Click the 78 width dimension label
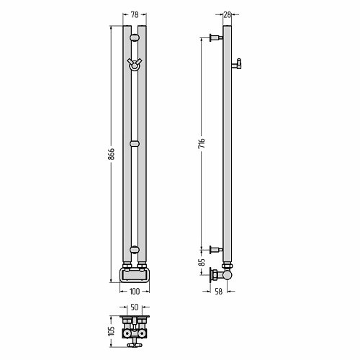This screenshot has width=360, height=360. click(135, 14)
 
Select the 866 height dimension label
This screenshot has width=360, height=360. click(111, 154)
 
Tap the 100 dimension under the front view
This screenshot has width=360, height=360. click(135, 292)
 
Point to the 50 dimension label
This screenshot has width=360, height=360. click(135, 307)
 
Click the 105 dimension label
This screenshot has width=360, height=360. click(112, 331)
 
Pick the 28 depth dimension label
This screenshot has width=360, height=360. click(227, 14)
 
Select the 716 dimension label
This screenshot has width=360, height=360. click(202, 143)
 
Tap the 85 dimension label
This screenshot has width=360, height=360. click(202, 262)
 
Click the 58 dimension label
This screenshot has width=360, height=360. click(219, 292)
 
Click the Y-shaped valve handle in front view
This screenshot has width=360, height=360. click(135, 64)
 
